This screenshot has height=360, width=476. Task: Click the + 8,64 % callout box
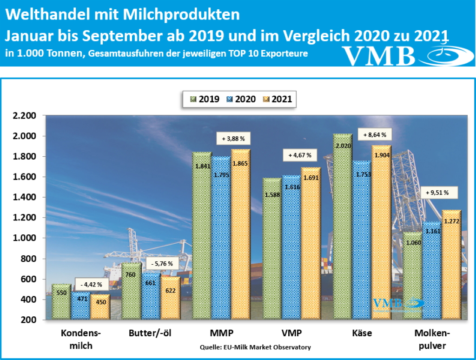click(374, 135)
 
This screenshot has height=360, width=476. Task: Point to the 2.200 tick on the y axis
click(24, 116)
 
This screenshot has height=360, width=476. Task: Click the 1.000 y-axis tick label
click(24, 238)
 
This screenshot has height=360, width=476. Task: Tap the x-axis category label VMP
click(291, 333)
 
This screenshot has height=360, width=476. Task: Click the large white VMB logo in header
click(379, 55)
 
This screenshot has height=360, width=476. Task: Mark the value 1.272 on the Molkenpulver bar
click(451, 221)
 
